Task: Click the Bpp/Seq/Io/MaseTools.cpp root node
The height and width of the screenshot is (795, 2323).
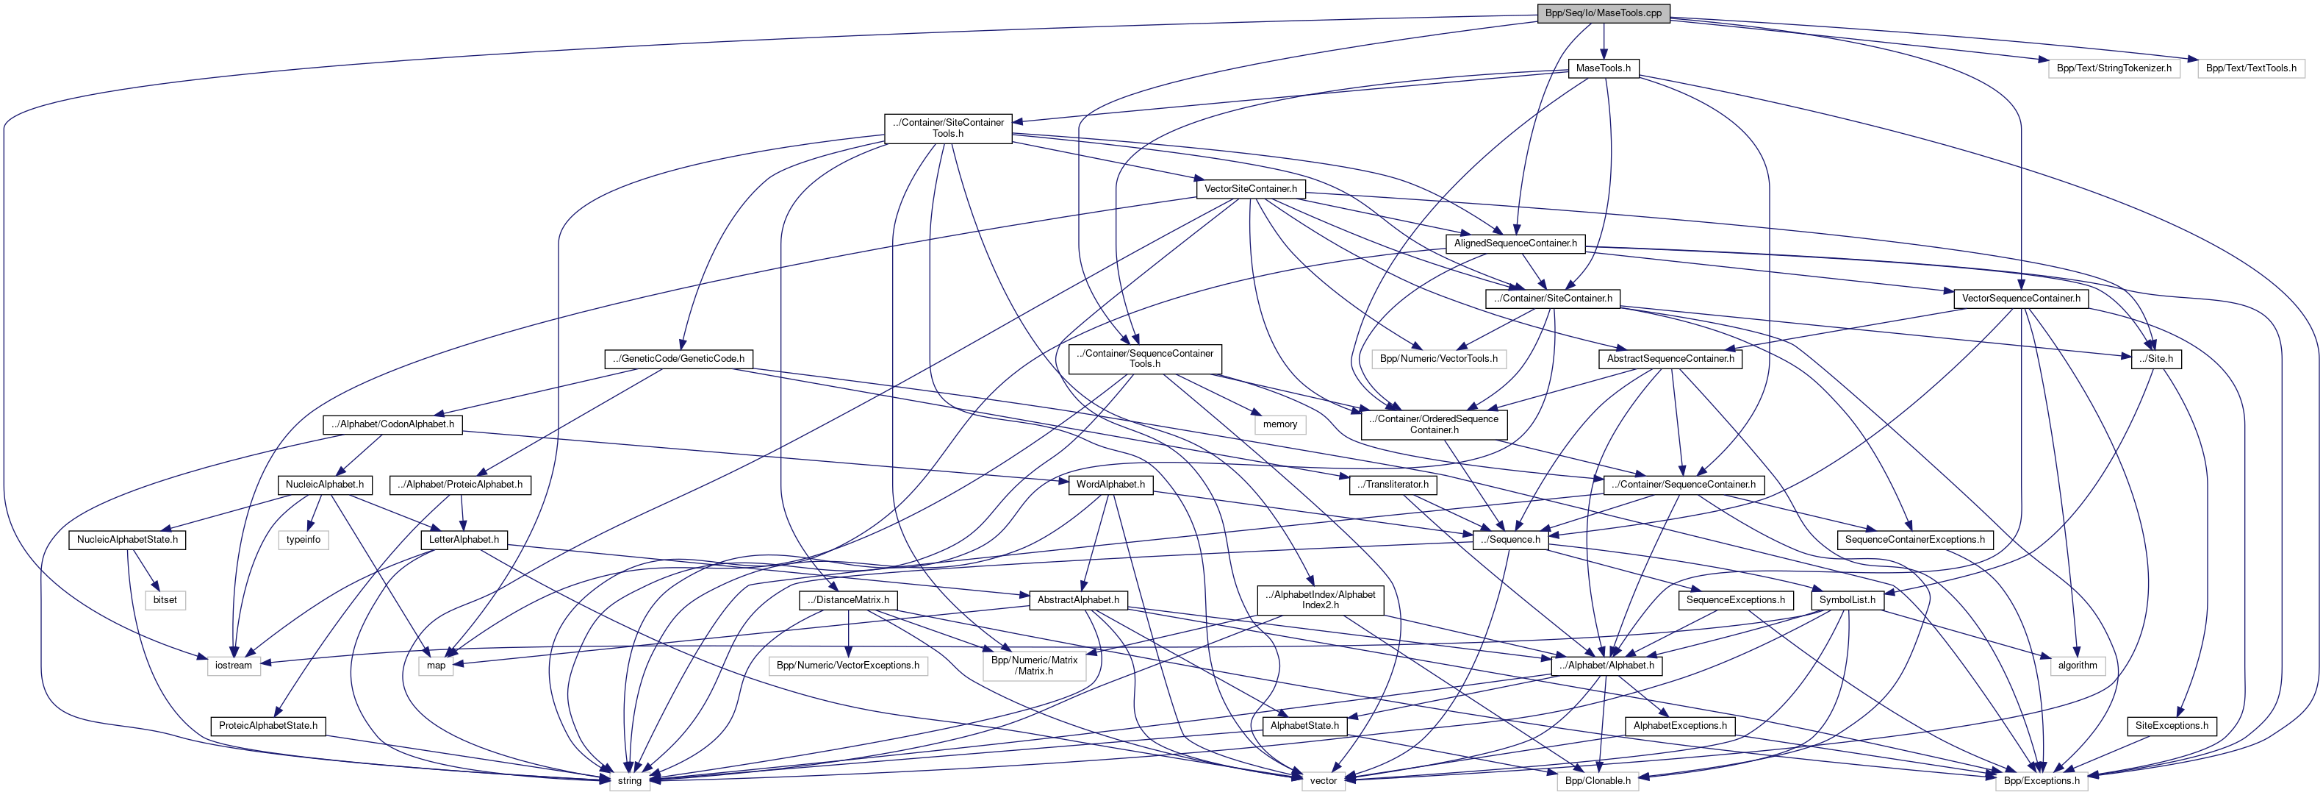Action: (x=1603, y=13)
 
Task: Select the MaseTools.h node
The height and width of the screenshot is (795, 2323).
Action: (x=1603, y=68)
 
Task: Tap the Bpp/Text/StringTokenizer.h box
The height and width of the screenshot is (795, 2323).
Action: (x=2113, y=68)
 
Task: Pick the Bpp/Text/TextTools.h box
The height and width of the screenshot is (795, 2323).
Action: (x=2250, y=68)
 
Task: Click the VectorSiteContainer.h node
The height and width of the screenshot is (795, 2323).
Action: (x=1250, y=188)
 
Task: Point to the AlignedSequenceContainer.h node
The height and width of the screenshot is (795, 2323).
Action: (x=1515, y=243)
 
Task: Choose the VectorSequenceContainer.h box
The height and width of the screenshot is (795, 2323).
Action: (x=2020, y=298)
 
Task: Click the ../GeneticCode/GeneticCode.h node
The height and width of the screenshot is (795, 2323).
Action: (x=678, y=358)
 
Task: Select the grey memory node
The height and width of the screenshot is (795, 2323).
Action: (x=1279, y=424)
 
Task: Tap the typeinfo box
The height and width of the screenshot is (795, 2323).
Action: (x=303, y=540)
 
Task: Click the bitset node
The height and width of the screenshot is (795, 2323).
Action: (x=165, y=600)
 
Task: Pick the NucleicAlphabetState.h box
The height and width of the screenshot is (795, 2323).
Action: (x=127, y=540)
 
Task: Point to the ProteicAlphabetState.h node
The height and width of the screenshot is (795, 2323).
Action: (x=268, y=726)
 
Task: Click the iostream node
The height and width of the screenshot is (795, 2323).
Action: (x=234, y=665)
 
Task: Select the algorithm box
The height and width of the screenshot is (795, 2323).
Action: (x=2078, y=665)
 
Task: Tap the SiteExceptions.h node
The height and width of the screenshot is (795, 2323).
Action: (x=2172, y=726)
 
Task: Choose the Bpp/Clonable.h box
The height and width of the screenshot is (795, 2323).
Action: (x=1597, y=780)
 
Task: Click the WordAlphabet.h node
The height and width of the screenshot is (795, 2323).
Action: (x=1110, y=485)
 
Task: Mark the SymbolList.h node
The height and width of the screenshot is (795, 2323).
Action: (x=1847, y=600)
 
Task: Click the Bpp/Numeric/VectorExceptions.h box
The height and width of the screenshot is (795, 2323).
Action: (x=847, y=665)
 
